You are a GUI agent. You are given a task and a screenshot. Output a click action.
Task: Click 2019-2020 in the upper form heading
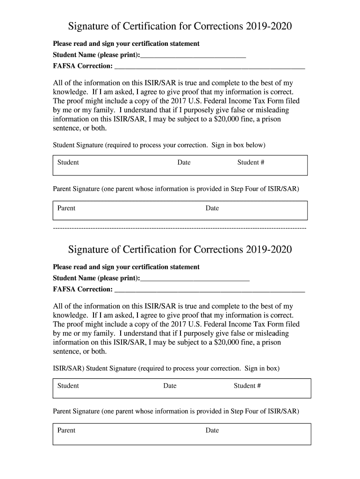[x=267, y=26]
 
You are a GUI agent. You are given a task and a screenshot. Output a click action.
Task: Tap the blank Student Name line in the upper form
[x=193, y=56]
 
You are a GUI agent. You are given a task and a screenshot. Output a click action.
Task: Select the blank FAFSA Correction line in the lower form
[x=209, y=290]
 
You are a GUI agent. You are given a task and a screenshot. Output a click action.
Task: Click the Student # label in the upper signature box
[x=251, y=163]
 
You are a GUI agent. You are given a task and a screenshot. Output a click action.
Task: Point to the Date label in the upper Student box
[x=184, y=163]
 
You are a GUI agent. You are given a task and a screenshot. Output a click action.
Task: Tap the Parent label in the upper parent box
[x=66, y=208]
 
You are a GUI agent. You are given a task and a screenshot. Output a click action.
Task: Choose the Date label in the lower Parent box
[x=212, y=430]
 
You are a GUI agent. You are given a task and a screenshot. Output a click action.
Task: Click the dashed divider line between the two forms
[x=180, y=228]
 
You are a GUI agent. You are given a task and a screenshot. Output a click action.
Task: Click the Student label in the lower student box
[x=68, y=386]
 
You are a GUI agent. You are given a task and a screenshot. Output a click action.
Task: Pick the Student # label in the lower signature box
[x=247, y=386]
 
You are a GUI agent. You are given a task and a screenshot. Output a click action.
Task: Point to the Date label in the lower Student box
[x=170, y=386]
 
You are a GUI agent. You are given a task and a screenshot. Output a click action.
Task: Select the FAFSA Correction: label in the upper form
[x=83, y=66]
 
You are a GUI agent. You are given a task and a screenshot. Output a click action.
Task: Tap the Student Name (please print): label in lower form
[x=96, y=279]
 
